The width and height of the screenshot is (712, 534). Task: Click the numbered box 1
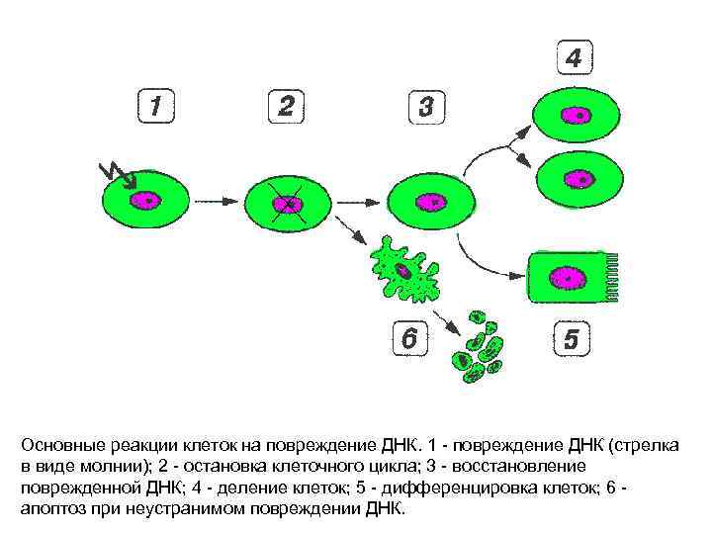(x=156, y=106)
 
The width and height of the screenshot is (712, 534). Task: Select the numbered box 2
(x=286, y=106)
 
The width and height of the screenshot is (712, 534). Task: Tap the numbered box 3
(x=426, y=106)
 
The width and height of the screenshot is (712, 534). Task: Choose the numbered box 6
(x=409, y=339)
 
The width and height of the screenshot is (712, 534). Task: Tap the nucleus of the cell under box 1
(x=148, y=201)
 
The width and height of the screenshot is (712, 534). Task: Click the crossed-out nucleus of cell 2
(x=288, y=204)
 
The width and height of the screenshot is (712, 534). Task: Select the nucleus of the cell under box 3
(x=432, y=202)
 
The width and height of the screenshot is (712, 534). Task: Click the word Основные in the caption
(x=61, y=443)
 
